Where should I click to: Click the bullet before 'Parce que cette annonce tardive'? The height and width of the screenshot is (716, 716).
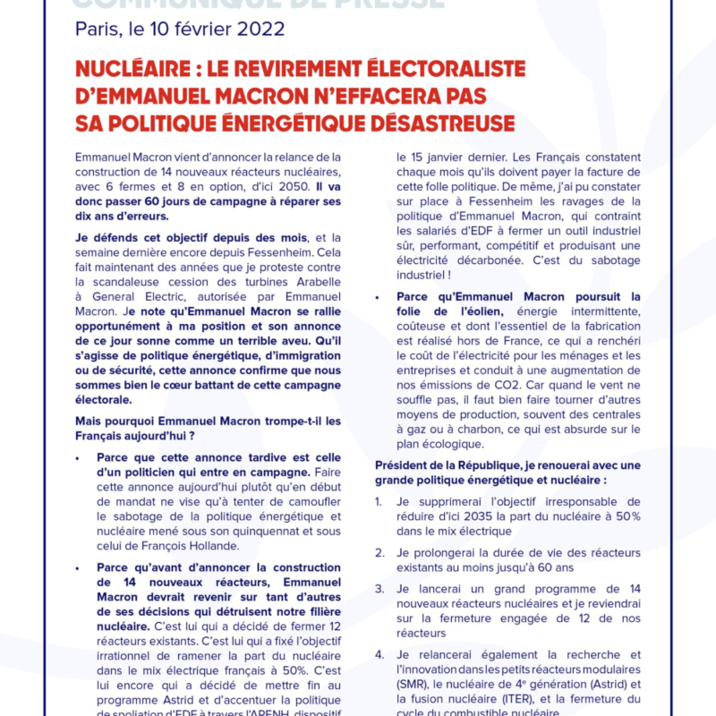tap(81, 457)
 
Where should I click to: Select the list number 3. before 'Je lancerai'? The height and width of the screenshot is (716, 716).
tap(379, 589)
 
